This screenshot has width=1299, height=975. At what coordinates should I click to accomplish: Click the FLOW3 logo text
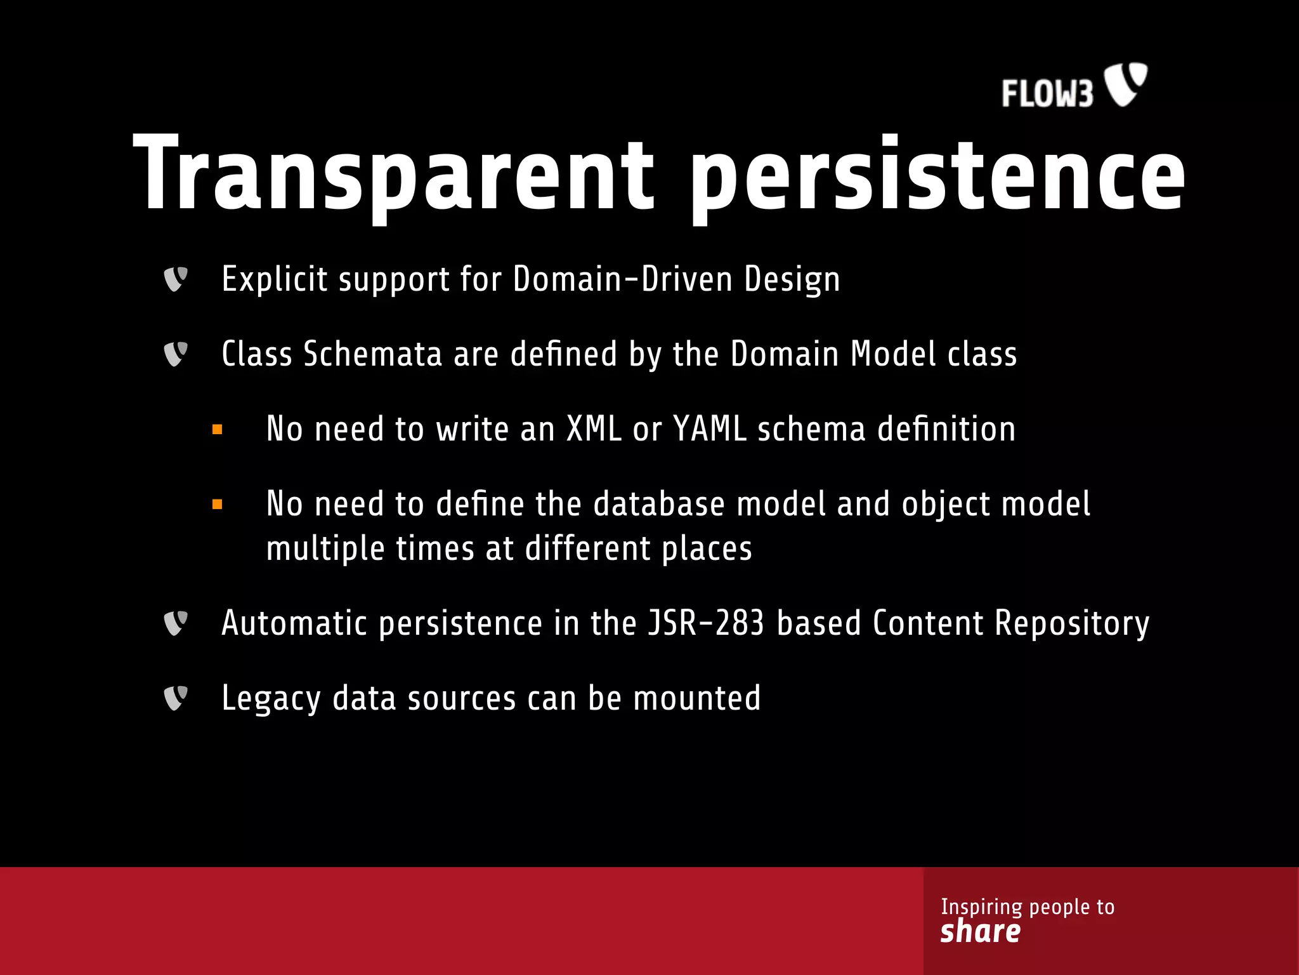[x=1047, y=93]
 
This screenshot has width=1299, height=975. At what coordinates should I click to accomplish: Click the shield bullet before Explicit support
[x=176, y=279]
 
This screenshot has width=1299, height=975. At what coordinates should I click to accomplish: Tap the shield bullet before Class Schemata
[x=176, y=354]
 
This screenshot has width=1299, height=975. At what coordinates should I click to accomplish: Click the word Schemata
[x=372, y=354]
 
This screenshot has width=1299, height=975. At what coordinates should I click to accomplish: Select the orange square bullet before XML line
[x=218, y=430]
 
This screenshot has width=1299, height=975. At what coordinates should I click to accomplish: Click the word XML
[x=594, y=429]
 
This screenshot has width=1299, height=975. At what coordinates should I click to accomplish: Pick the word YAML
[x=710, y=429]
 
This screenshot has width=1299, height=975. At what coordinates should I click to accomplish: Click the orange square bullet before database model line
[x=218, y=505]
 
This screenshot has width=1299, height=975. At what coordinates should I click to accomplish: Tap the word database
[x=659, y=504]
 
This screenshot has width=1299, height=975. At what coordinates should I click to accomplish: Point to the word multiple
[x=325, y=548]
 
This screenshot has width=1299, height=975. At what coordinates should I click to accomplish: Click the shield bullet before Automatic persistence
[x=176, y=623]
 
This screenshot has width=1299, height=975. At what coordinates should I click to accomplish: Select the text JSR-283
[x=706, y=623]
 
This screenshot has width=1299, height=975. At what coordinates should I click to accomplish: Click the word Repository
[x=1072, y=623]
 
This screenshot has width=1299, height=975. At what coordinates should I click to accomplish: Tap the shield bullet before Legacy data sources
[x=176, y=698]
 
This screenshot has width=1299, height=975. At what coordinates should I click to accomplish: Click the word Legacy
[x=271, y=698]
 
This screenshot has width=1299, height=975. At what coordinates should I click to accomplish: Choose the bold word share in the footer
[x=981, y=931]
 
